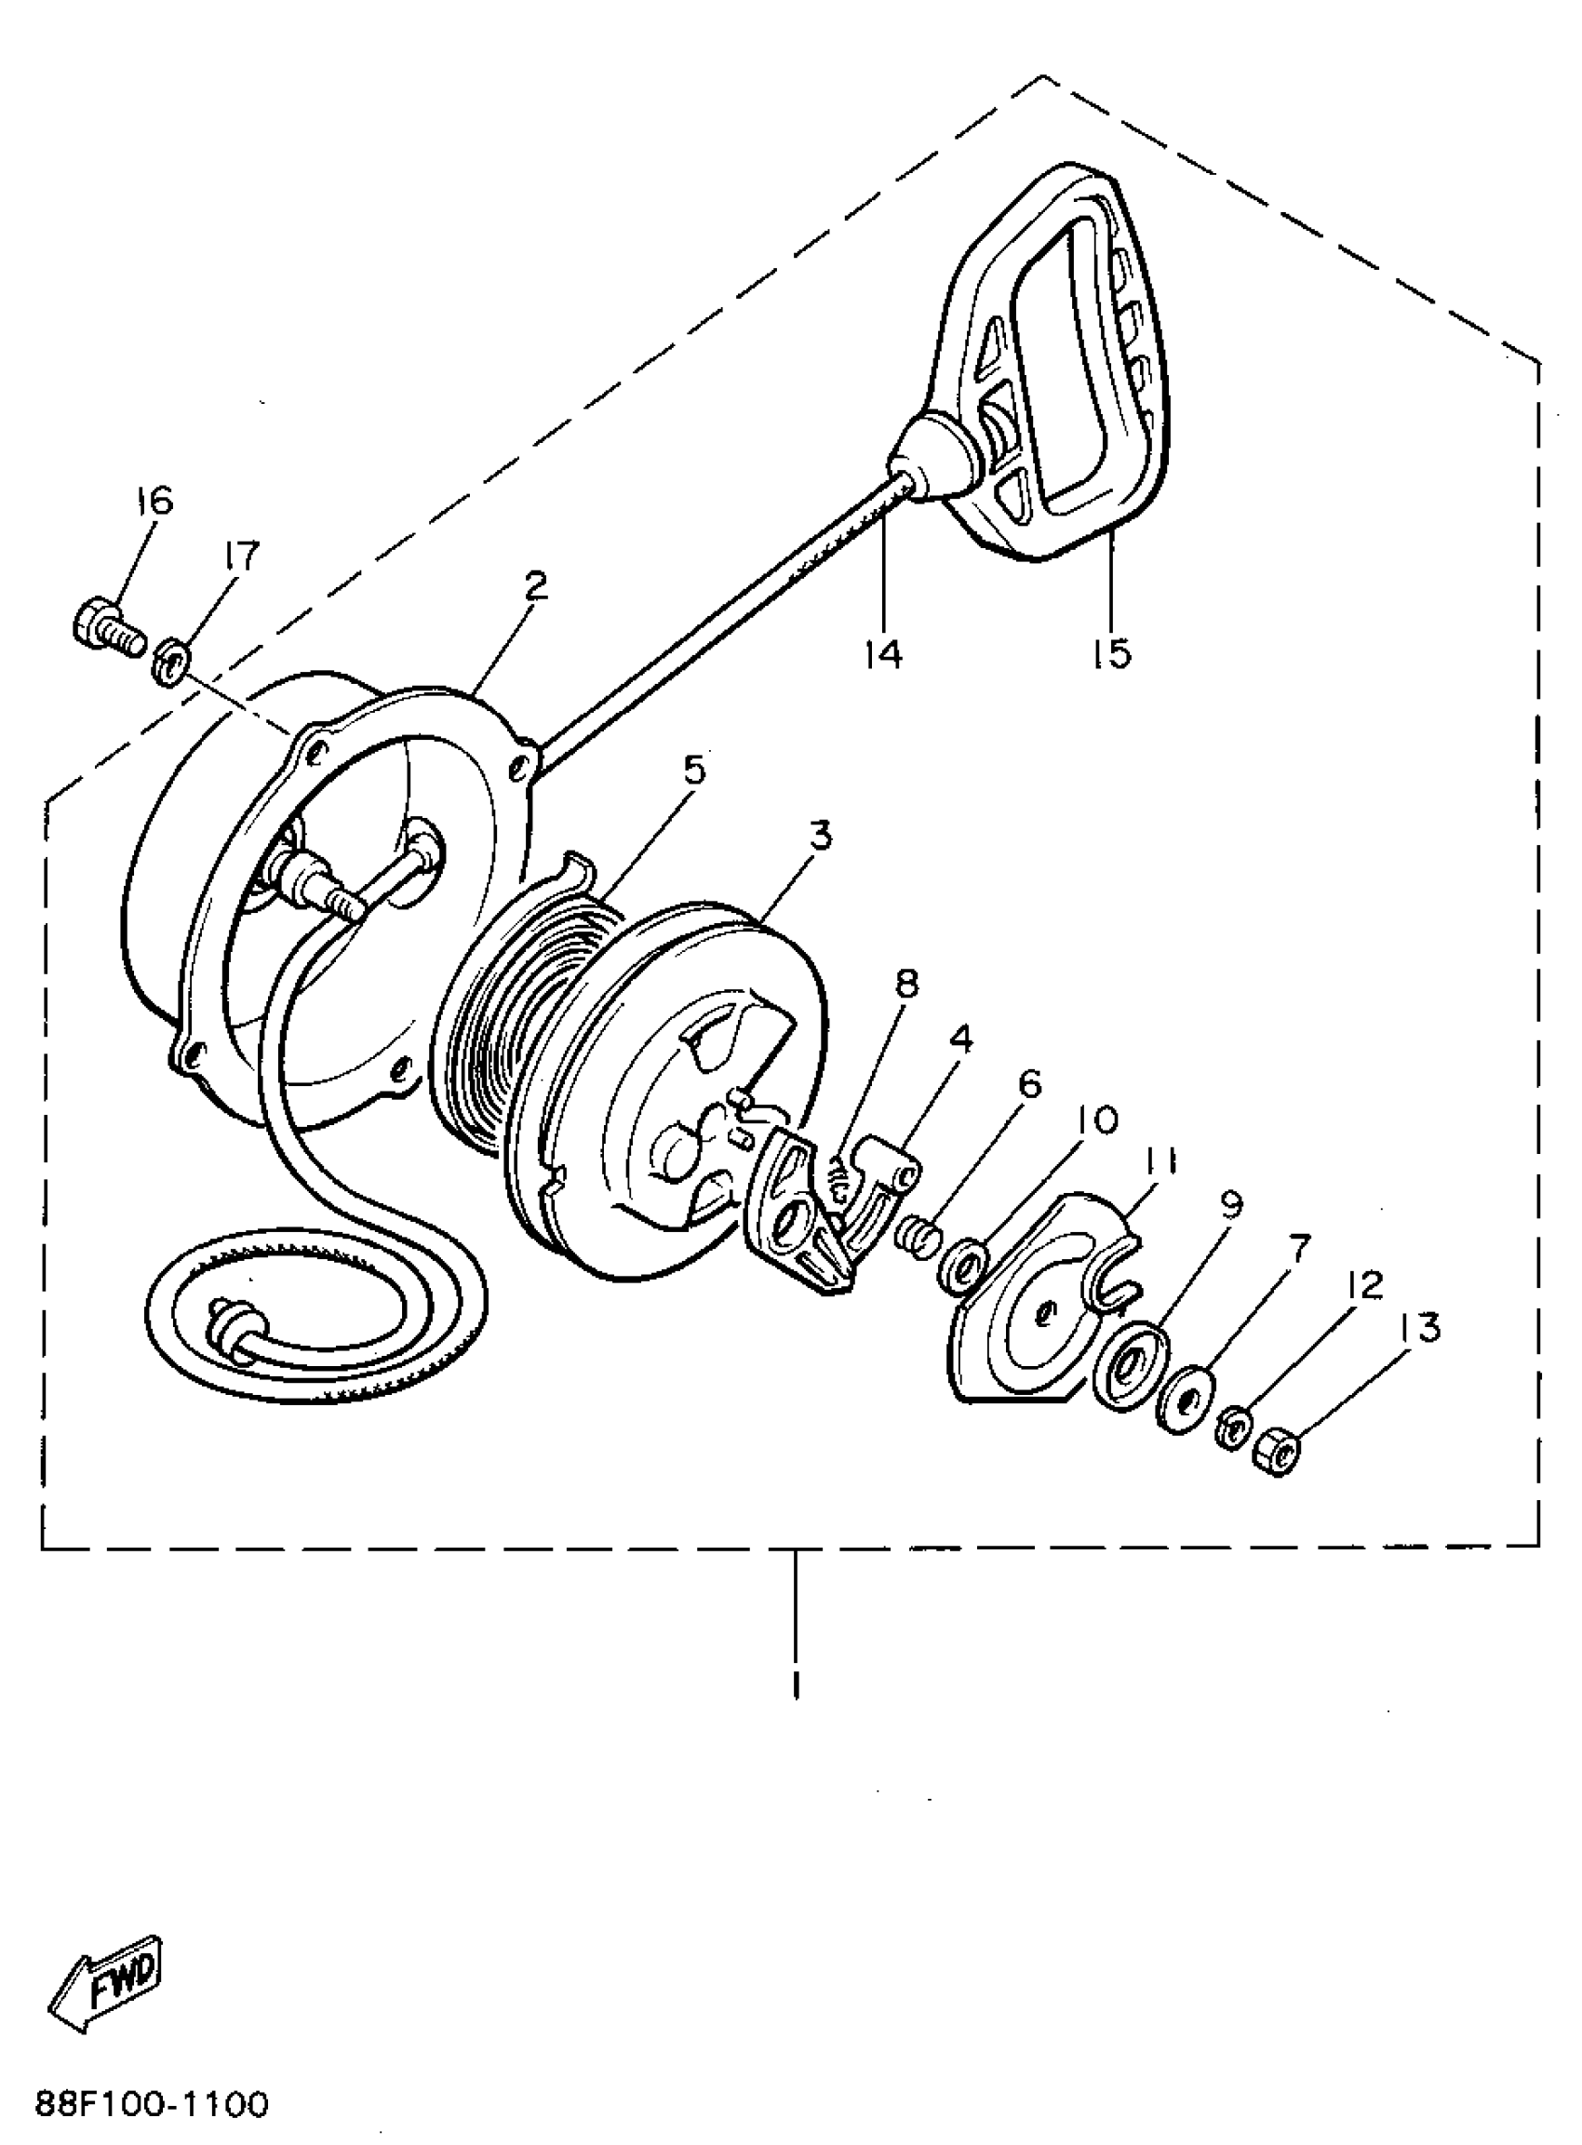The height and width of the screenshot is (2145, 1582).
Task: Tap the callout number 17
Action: (240, 556)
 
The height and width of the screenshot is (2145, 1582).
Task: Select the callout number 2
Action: (534, 586)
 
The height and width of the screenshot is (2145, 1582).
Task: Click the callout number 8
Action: (905, 984)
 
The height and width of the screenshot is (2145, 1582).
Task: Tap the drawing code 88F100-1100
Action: (153, 2104)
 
